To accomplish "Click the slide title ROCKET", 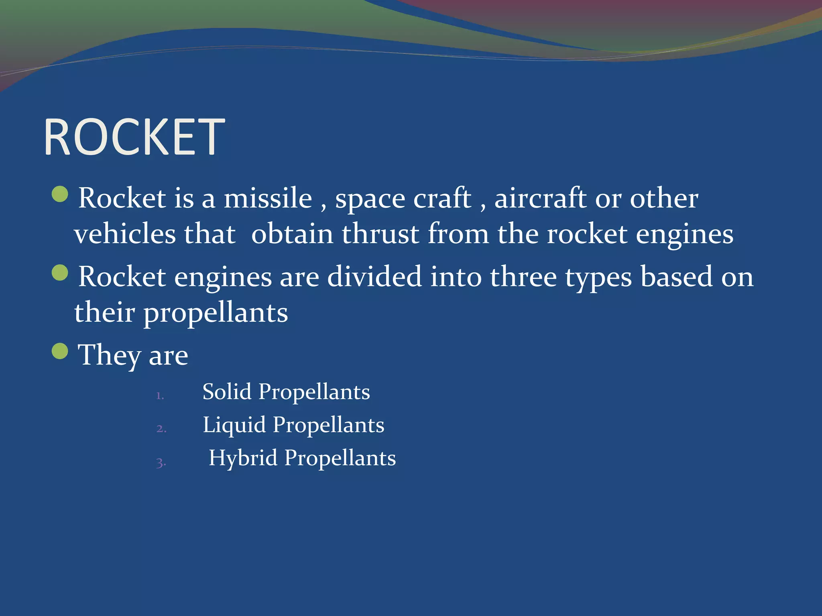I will [134, 137].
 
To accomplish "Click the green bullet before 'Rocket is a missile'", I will [60, 195].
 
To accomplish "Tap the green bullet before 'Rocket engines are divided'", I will [60, 273].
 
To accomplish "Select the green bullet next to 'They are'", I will [60, 351].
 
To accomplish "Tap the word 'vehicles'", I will [125, 234].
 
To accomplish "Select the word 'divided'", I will [374, 276].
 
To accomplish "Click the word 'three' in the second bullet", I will [523, 276].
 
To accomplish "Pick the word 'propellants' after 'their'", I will [216, 313].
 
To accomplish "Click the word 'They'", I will [109, 355].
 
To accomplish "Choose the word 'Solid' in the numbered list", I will [227, 391].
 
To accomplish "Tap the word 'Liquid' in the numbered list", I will [234, 425].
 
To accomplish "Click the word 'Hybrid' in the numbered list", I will [243, 458].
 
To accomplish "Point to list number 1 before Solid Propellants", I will [160, 396].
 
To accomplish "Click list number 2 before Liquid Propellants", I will [161, 429].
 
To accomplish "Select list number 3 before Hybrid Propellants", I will [161, 462].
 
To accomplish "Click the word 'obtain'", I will [292, 234].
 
